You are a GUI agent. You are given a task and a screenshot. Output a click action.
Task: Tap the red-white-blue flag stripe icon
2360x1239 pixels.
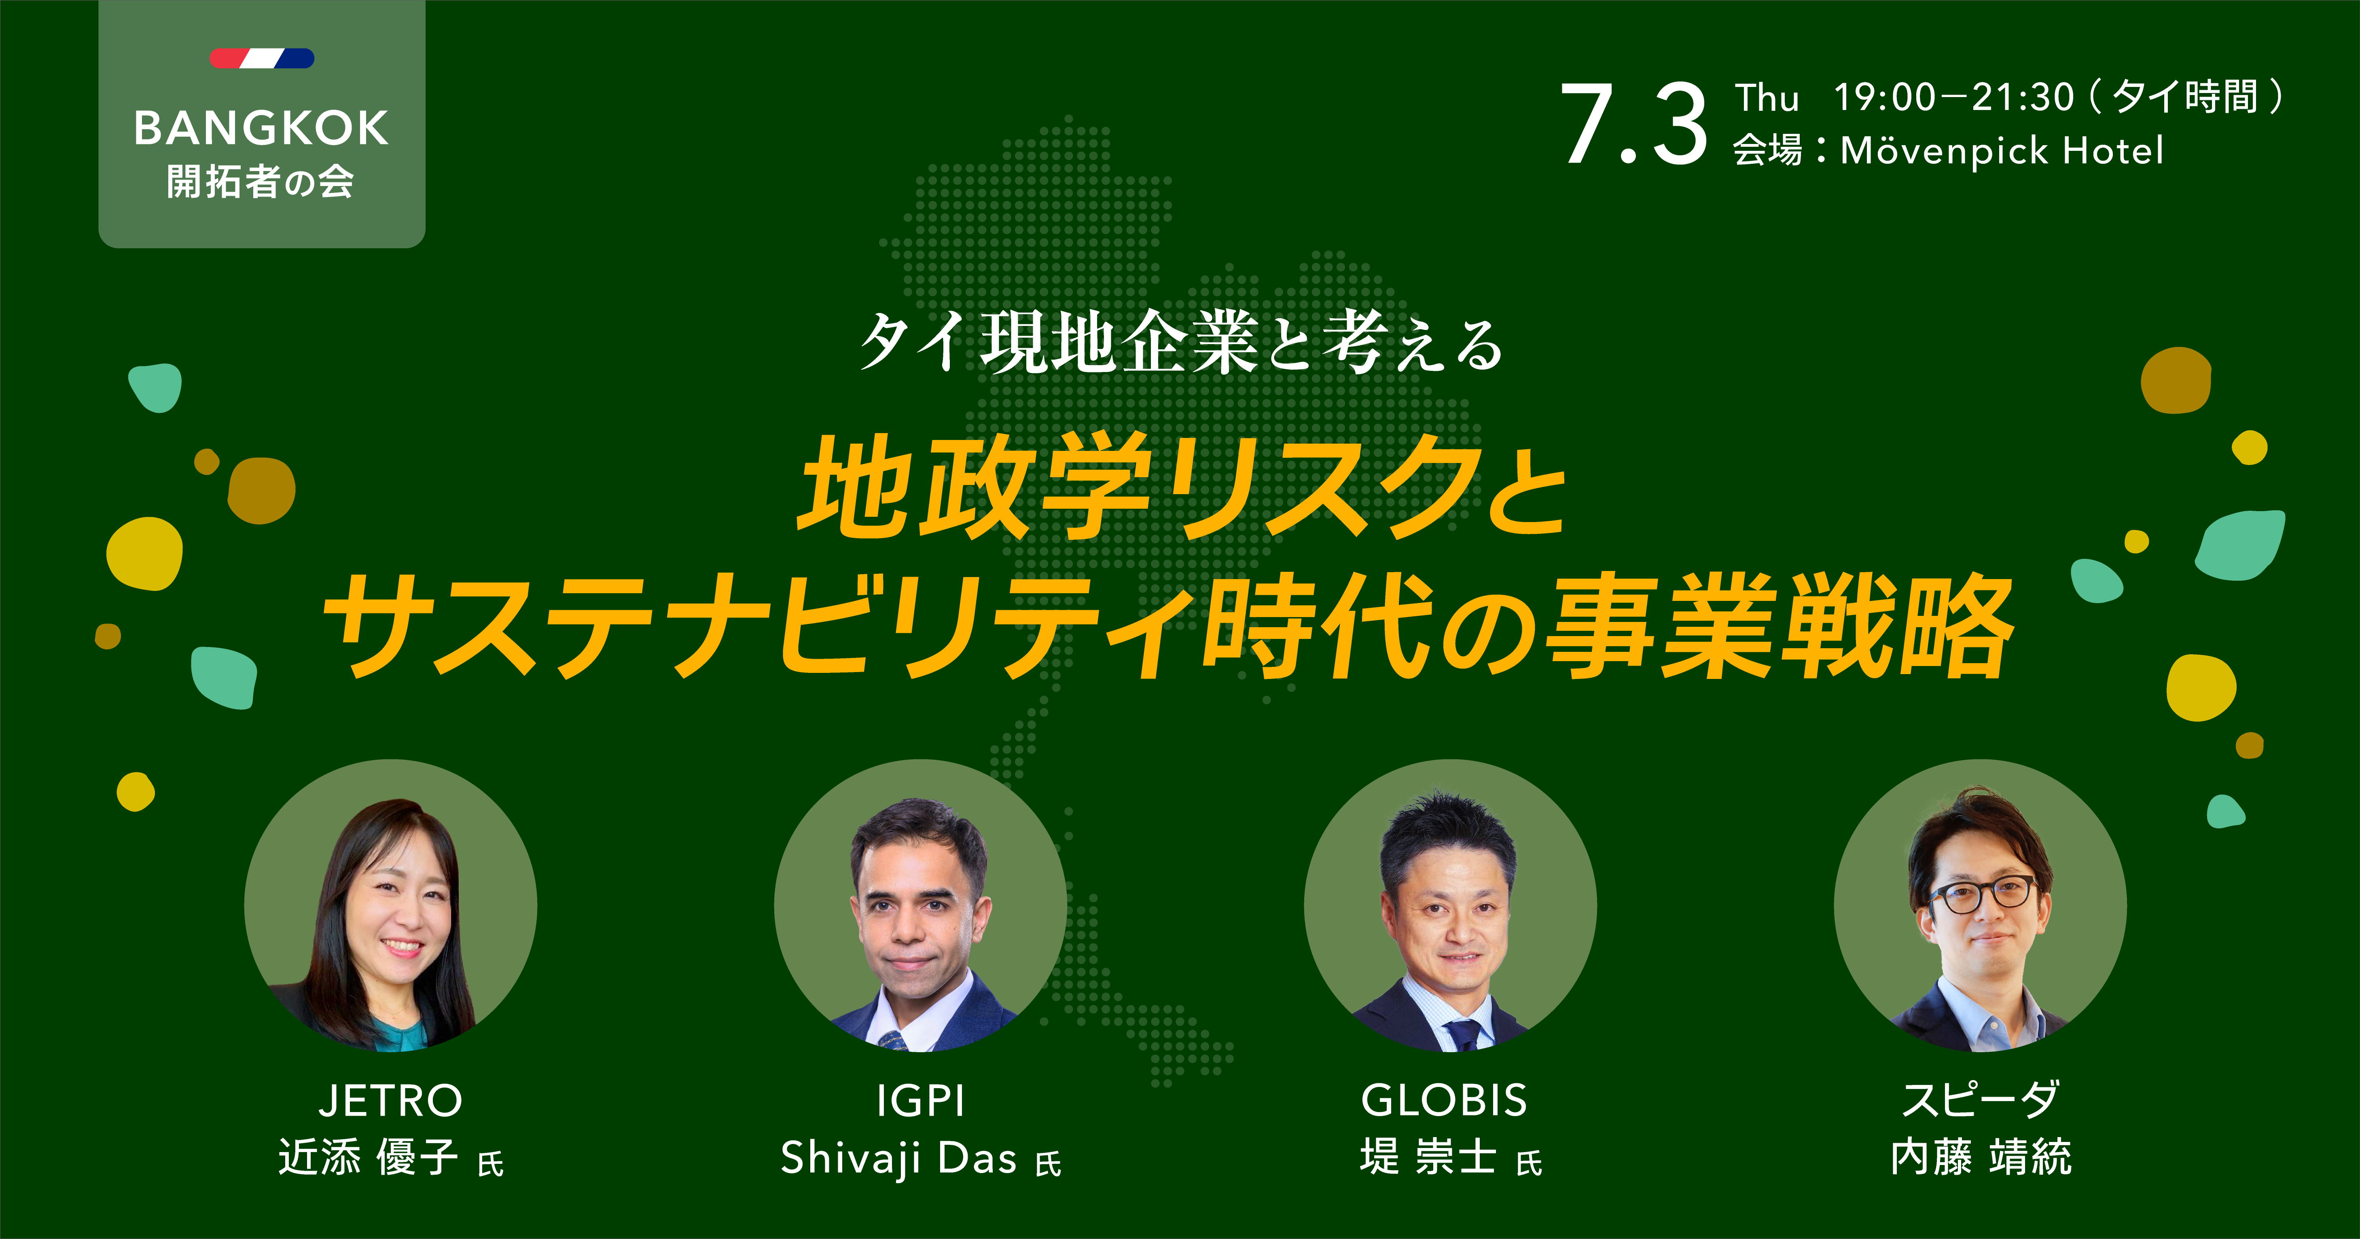(x=262, y=59)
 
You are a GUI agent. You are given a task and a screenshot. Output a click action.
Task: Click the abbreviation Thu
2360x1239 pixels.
(x=1767, y=97)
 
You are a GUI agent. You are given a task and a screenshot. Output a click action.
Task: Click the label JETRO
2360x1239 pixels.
(x=390, y=1101)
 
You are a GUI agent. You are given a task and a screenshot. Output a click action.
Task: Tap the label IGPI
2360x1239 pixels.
(x=921, y=1101)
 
